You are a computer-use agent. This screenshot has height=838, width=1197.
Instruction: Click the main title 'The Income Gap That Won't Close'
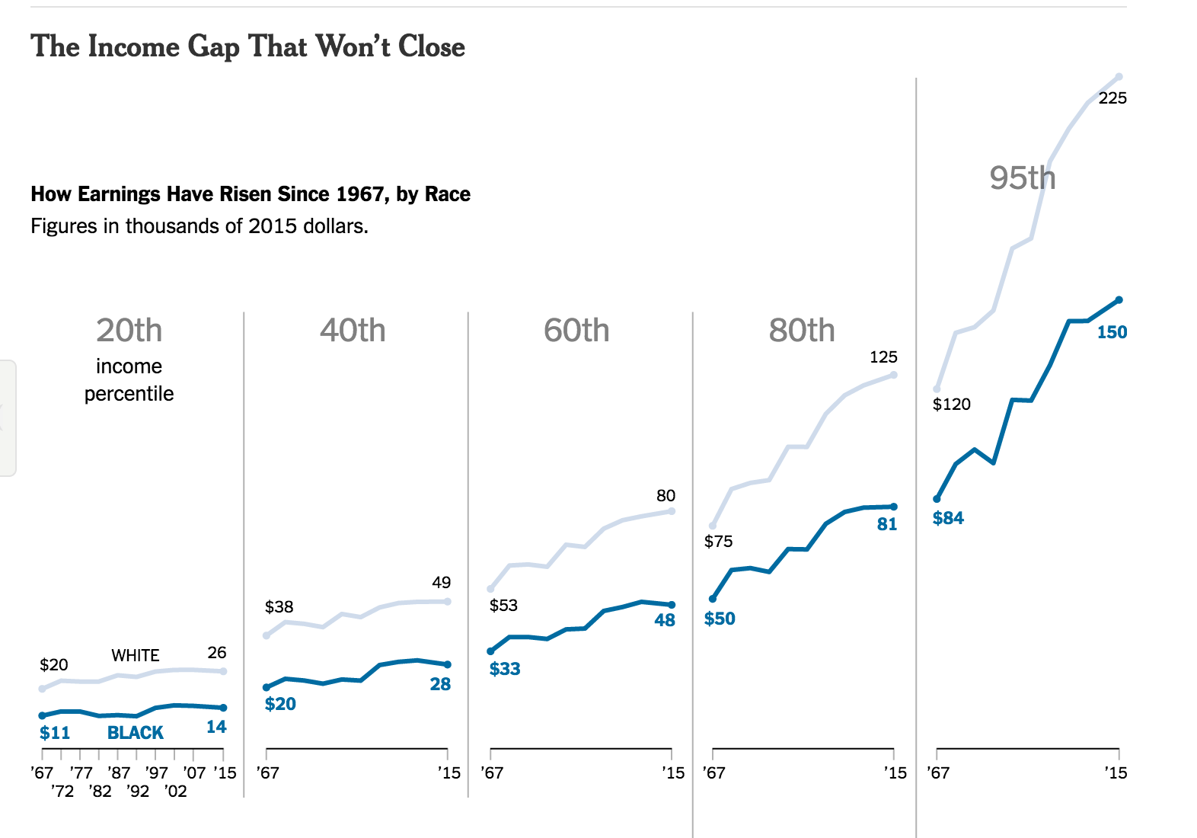point(247,46)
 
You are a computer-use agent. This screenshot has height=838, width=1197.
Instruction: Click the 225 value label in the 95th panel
point(1112,98)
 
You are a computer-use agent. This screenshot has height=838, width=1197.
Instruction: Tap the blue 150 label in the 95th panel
point(1111,332)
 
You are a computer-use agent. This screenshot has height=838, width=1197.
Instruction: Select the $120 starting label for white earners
point(951,405)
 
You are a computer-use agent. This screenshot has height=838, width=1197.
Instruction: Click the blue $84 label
point(948,518)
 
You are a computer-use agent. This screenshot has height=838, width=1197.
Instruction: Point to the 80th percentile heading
point(801,331)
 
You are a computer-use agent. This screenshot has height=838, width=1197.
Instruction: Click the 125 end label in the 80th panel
point(883,357)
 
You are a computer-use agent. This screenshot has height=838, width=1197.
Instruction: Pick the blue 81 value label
point(886,524)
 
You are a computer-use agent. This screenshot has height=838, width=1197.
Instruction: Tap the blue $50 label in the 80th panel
point(720,619)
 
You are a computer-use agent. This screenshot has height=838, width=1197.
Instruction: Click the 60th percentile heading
point(576,331)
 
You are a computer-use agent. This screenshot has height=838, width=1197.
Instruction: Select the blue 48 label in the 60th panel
point(664,620)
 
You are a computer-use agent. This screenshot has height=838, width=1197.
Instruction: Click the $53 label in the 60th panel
point(503,606)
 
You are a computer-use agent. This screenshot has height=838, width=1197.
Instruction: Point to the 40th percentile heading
point(353,331)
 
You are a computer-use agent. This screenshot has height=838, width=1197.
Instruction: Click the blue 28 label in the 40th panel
point(439,684)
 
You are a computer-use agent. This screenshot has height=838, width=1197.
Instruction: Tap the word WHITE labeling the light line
point(136,656)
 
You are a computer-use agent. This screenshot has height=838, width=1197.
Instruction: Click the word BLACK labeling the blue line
point(135,733)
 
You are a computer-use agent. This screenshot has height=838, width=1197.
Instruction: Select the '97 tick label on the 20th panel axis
point(156,773)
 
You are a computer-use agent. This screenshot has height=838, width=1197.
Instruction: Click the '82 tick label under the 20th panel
point(100,792)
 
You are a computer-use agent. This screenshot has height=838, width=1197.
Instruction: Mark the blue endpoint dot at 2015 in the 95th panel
point(1119,300)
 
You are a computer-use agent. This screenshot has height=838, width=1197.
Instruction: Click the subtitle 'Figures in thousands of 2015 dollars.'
point(199,226)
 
